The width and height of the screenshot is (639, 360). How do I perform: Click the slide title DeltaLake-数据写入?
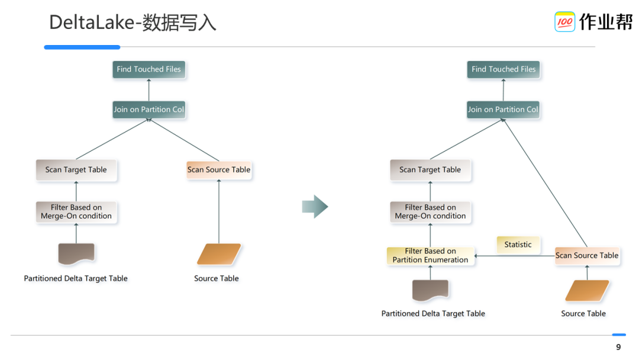point(133,22)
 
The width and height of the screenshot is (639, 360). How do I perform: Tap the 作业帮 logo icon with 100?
point(564,22)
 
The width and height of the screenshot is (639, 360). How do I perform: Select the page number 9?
point(618,347)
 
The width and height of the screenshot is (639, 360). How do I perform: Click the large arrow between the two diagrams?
point(315,207)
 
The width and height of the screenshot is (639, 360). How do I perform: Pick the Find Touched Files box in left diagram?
point(149,69)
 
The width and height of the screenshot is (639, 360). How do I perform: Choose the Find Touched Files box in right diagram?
point(504,69)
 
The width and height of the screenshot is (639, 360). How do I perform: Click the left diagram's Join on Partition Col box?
point(149,110)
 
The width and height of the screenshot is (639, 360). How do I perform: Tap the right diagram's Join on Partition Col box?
point(503,110)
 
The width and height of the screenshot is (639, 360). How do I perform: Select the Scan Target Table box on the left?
point(76,170)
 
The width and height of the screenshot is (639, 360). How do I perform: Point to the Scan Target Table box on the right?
point(430,170)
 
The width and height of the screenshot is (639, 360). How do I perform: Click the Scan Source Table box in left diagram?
point(219,170)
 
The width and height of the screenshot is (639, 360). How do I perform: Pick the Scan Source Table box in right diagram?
point(587,256)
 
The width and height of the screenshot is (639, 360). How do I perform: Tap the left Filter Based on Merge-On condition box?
point(76,212)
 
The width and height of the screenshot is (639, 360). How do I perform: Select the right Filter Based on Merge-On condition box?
point(430,212)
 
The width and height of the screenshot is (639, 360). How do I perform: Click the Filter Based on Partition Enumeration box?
point(430,256)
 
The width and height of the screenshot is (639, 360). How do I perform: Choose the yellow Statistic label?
point(518,245)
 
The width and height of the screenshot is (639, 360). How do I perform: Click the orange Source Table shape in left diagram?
point(219,254)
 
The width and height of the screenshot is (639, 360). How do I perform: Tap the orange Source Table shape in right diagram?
point(587,291)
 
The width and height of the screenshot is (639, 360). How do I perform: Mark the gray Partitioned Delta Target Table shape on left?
point(76,253)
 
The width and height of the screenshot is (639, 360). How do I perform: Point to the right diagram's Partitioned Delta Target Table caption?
point(433,314)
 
